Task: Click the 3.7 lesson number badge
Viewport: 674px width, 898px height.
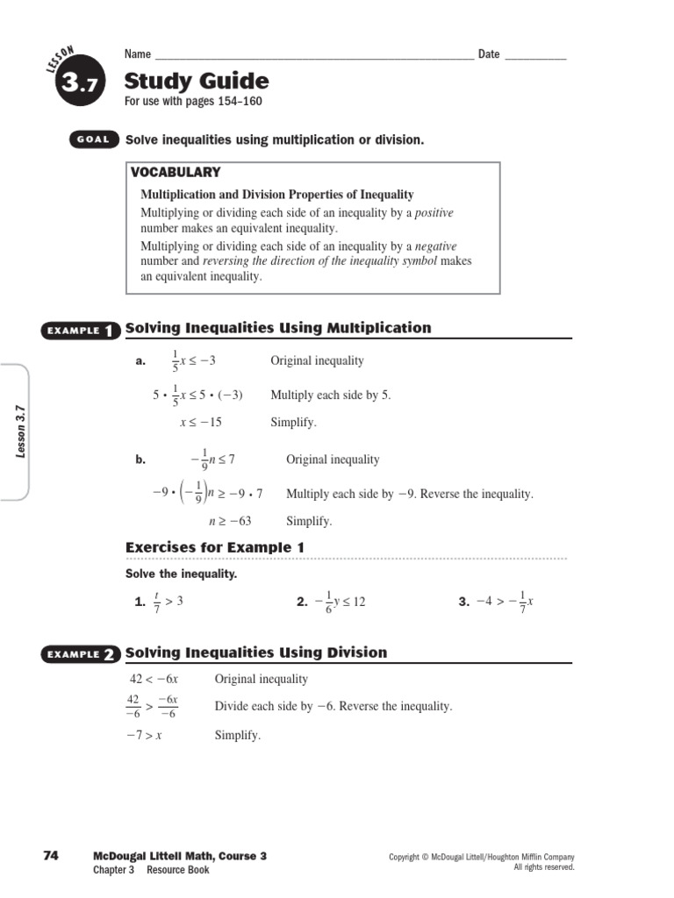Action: [x=79, y=84]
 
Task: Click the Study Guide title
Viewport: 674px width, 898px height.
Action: [x=197, y=82]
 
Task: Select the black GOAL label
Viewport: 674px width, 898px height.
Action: [x=92, y=140]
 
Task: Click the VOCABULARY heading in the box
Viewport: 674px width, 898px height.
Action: [x=176, y=173]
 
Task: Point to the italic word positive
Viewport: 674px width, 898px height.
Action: [x=434, y=213]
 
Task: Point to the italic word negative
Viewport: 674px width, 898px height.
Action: [x=435, y=246]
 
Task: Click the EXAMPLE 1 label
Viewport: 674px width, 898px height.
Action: [x=78, y=330]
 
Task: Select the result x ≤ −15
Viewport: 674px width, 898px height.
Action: [x=201, y=422]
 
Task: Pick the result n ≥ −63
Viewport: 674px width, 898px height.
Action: [x=230, y=521]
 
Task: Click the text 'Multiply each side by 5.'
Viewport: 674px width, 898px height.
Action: [x=331, y=395]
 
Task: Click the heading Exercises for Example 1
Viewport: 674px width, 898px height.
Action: [x=215, y=548]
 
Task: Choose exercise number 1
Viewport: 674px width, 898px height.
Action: [x=139, y=602]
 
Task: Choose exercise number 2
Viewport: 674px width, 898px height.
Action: [x=301, y=602]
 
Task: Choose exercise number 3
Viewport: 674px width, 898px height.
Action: [x=464, y=602]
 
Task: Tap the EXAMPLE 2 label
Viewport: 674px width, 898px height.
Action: [x=78, y=654]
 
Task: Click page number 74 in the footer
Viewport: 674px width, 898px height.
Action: [x=50, y=856]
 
